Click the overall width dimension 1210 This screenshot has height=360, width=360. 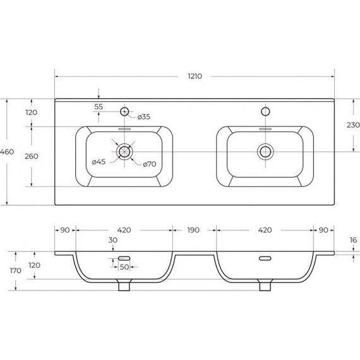click(x=195, y=76)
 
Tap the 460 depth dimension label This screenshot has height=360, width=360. click(x=7, y=152)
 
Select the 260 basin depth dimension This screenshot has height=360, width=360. click(x=32, y=156)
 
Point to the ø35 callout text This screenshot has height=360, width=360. click(x=144, y=117)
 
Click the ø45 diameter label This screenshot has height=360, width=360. click(x=99, y=162)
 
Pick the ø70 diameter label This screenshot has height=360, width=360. click(x=150, y=164)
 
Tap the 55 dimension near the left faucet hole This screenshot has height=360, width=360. click(x=99, y=107)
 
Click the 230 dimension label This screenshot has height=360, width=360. click(x=353, y=125)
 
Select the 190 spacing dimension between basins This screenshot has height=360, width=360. click(x=193, y=230)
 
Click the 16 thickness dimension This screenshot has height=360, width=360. click(x=353, y=240)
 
